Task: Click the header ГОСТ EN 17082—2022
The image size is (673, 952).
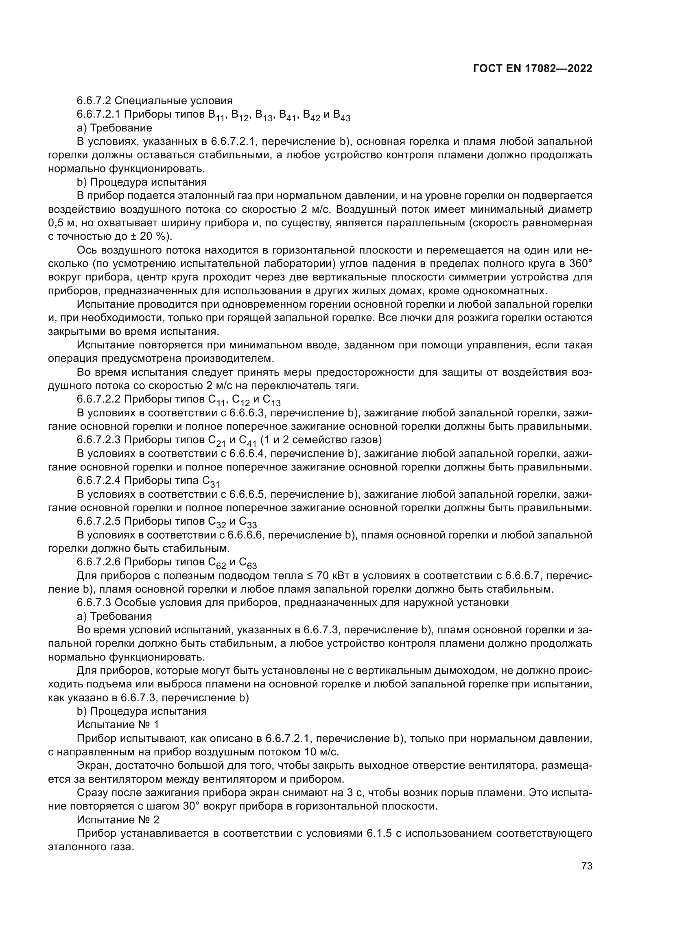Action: (533, 69)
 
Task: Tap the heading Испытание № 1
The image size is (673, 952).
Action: (118, 724)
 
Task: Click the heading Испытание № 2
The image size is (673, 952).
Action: (118, 820)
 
